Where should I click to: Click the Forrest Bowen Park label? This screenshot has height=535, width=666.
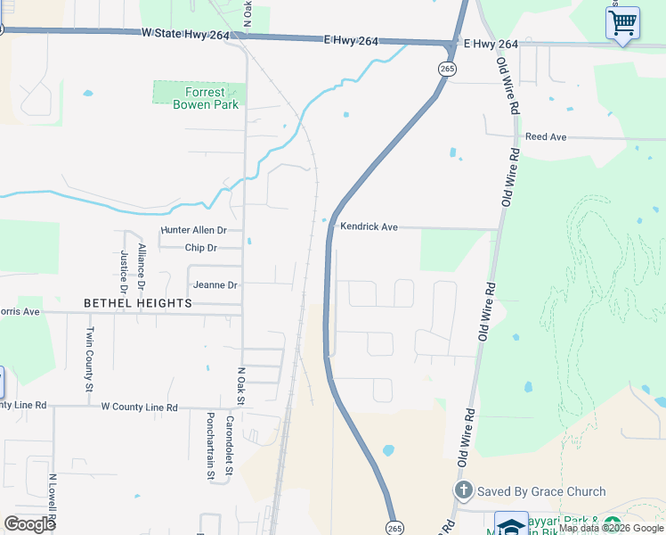coord(199,98)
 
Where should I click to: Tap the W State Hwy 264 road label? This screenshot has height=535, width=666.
coord(185,34)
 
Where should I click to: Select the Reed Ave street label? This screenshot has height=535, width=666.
coord(546,137)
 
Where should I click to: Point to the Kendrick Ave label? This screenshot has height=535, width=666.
coord(369,227)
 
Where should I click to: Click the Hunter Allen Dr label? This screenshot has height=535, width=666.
coord(194,230)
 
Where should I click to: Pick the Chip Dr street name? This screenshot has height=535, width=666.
coord(200,248)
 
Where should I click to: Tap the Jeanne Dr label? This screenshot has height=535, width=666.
coord(215,285)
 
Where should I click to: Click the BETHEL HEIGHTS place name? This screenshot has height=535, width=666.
coord(138,303)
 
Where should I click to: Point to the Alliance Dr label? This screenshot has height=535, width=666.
coord(141,266)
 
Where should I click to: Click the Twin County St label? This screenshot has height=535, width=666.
coord(90,358)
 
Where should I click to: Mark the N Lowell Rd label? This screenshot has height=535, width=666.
coord(53,499)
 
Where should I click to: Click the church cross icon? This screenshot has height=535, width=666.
coord(463,491)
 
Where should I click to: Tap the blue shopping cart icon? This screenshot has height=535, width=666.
coord(622,22)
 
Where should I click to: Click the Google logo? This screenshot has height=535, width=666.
coord(29,523)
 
